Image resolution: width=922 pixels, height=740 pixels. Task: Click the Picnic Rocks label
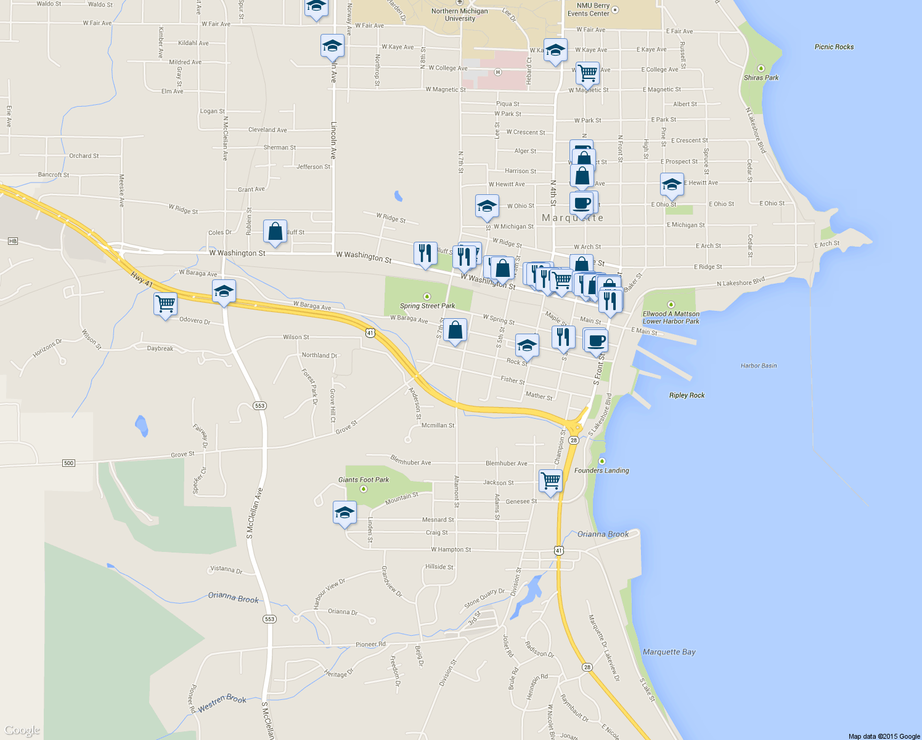834,47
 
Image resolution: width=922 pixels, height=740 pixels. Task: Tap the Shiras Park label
761,78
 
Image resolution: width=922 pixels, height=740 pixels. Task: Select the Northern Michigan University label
460,15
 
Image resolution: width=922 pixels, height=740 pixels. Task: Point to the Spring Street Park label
427,306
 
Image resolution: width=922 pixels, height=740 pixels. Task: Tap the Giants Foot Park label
364,480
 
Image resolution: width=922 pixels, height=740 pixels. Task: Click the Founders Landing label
602,471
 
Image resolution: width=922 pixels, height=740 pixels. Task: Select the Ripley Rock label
687,395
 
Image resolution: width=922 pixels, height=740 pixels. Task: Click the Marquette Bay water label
669,652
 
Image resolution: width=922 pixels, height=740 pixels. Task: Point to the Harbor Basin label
759,366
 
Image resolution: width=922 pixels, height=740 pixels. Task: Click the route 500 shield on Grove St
68,463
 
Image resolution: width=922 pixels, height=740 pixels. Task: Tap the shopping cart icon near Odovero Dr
166,304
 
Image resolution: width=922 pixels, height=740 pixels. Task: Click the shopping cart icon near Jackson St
550,480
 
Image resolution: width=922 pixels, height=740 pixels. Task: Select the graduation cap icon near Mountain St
345,512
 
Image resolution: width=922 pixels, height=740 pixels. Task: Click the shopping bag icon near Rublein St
275,231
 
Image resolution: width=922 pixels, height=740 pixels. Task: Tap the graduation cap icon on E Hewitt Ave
671,184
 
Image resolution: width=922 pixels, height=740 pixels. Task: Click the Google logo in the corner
22,731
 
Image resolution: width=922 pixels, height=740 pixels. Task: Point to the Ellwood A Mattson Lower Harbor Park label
671,317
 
